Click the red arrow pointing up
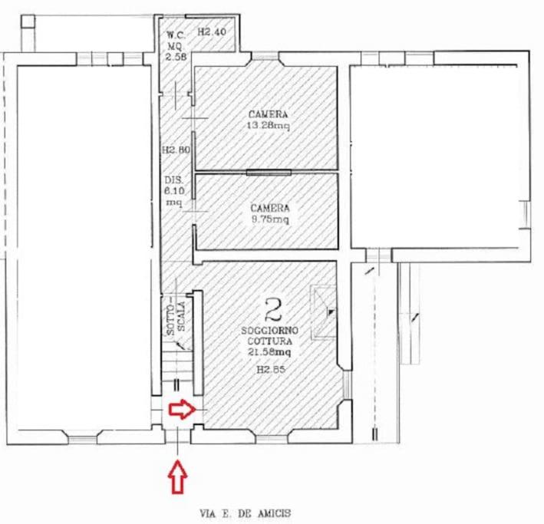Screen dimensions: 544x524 click(178, 476)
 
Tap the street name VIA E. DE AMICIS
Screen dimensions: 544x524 click(246, 513)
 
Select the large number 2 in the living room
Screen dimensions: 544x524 click(273, 309)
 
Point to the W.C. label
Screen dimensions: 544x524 click(176, 35)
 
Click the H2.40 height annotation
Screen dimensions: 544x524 click(212, 32)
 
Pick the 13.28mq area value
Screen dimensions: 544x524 click(268, 125)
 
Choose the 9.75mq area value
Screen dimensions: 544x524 click(270, 219)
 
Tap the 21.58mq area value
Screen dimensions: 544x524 click(269, 352)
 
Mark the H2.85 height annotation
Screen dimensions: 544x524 click(271, 369)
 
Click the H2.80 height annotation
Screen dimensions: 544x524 click(176, 150)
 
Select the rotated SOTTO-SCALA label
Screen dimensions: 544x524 click(176, 317)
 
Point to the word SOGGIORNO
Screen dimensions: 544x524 click(270, 330)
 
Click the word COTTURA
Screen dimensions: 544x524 click(269, 341)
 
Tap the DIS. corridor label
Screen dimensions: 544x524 click(174, 180)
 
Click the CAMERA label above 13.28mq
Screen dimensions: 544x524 click(269, 114)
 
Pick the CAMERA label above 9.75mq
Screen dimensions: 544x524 click(270, 208)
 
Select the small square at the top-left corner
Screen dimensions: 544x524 click(28, 21)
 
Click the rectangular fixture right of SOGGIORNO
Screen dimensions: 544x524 click(324, 311)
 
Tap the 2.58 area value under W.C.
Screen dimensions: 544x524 click(176, 57)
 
